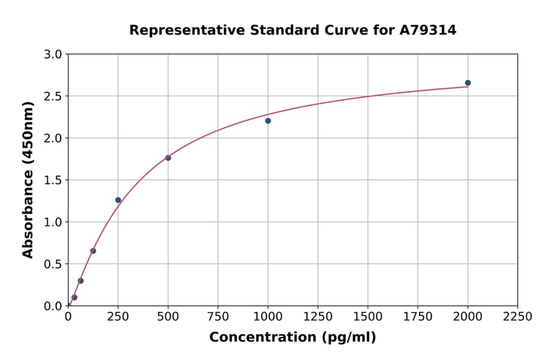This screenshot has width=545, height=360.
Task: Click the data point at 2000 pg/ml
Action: [467, 83]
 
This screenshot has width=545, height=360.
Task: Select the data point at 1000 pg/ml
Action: [268, 121]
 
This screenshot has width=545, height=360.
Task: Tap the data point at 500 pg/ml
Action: [168, 158]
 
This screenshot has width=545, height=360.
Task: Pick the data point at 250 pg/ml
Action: [118, 200]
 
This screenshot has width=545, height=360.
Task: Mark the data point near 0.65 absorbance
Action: [93, 251]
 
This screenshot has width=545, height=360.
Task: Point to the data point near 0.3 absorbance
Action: [81, 281]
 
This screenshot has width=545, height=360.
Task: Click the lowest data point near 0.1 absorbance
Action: [74, 298]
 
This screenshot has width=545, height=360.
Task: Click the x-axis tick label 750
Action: [218, 317]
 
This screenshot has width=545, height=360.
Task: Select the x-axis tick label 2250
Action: [517, 317]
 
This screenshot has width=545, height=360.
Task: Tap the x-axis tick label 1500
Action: [368, 317]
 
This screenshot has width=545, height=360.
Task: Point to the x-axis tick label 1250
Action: [318, 317]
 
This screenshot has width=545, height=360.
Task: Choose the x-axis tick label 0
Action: [68, 317]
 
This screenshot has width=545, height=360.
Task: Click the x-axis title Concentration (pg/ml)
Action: [292, 338]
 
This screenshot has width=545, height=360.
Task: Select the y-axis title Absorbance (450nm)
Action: [28, 179]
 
